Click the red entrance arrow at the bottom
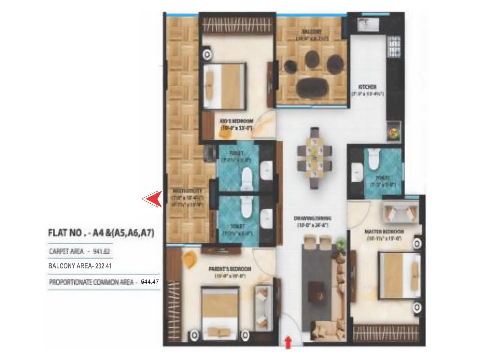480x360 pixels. [x=288, y=342]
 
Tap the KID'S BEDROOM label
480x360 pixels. [x=236, y=121]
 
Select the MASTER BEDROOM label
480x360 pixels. [x=384, y=232]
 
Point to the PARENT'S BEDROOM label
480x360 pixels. [x=230, y=269]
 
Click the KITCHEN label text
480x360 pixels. [x=367, y=87]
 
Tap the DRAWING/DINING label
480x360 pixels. [x=313, y=218]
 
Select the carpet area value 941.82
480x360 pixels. [x=101, y=251]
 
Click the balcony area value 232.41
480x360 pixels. [x=103, y=266]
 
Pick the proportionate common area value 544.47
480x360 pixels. [x=150, y=282]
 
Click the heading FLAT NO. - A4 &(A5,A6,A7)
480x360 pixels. [x=101, y=233]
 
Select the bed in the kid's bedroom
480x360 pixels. [x=224, y=86]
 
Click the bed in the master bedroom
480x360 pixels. [x=400, y=275]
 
